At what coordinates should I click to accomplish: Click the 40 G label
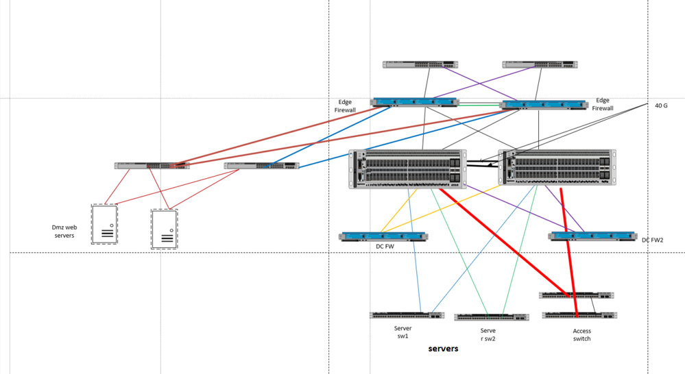coord(660,106)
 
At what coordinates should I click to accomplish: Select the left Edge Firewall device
coord(415,103)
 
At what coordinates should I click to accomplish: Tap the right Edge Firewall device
coord(543,105)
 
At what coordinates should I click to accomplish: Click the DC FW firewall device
coord(383,237)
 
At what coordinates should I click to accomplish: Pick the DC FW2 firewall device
coord(592,236)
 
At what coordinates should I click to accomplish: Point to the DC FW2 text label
coord(653,240)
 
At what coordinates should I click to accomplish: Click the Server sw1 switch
coord(407,316)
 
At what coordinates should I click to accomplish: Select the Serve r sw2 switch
coord(491,317)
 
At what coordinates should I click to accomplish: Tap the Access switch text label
coord(581,334)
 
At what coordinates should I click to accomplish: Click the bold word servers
coord(443,349)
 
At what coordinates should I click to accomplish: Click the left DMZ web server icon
coord(104,224)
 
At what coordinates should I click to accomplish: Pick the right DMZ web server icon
coord(164,229)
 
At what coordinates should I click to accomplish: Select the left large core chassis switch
coord(407,169)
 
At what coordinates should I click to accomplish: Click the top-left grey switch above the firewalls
coord(420,65)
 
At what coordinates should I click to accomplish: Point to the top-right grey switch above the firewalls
coord(538,65)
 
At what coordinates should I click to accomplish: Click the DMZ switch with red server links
coord(152,166)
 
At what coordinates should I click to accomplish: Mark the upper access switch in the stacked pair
coord(576,295)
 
